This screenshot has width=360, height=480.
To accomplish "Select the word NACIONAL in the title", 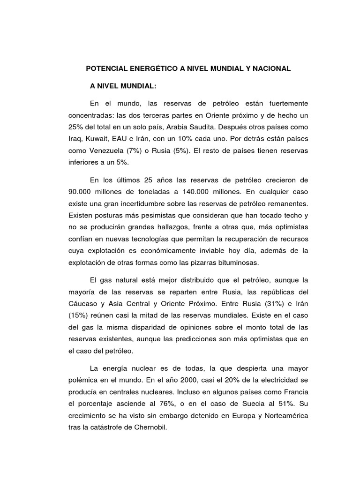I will point(272,68).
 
